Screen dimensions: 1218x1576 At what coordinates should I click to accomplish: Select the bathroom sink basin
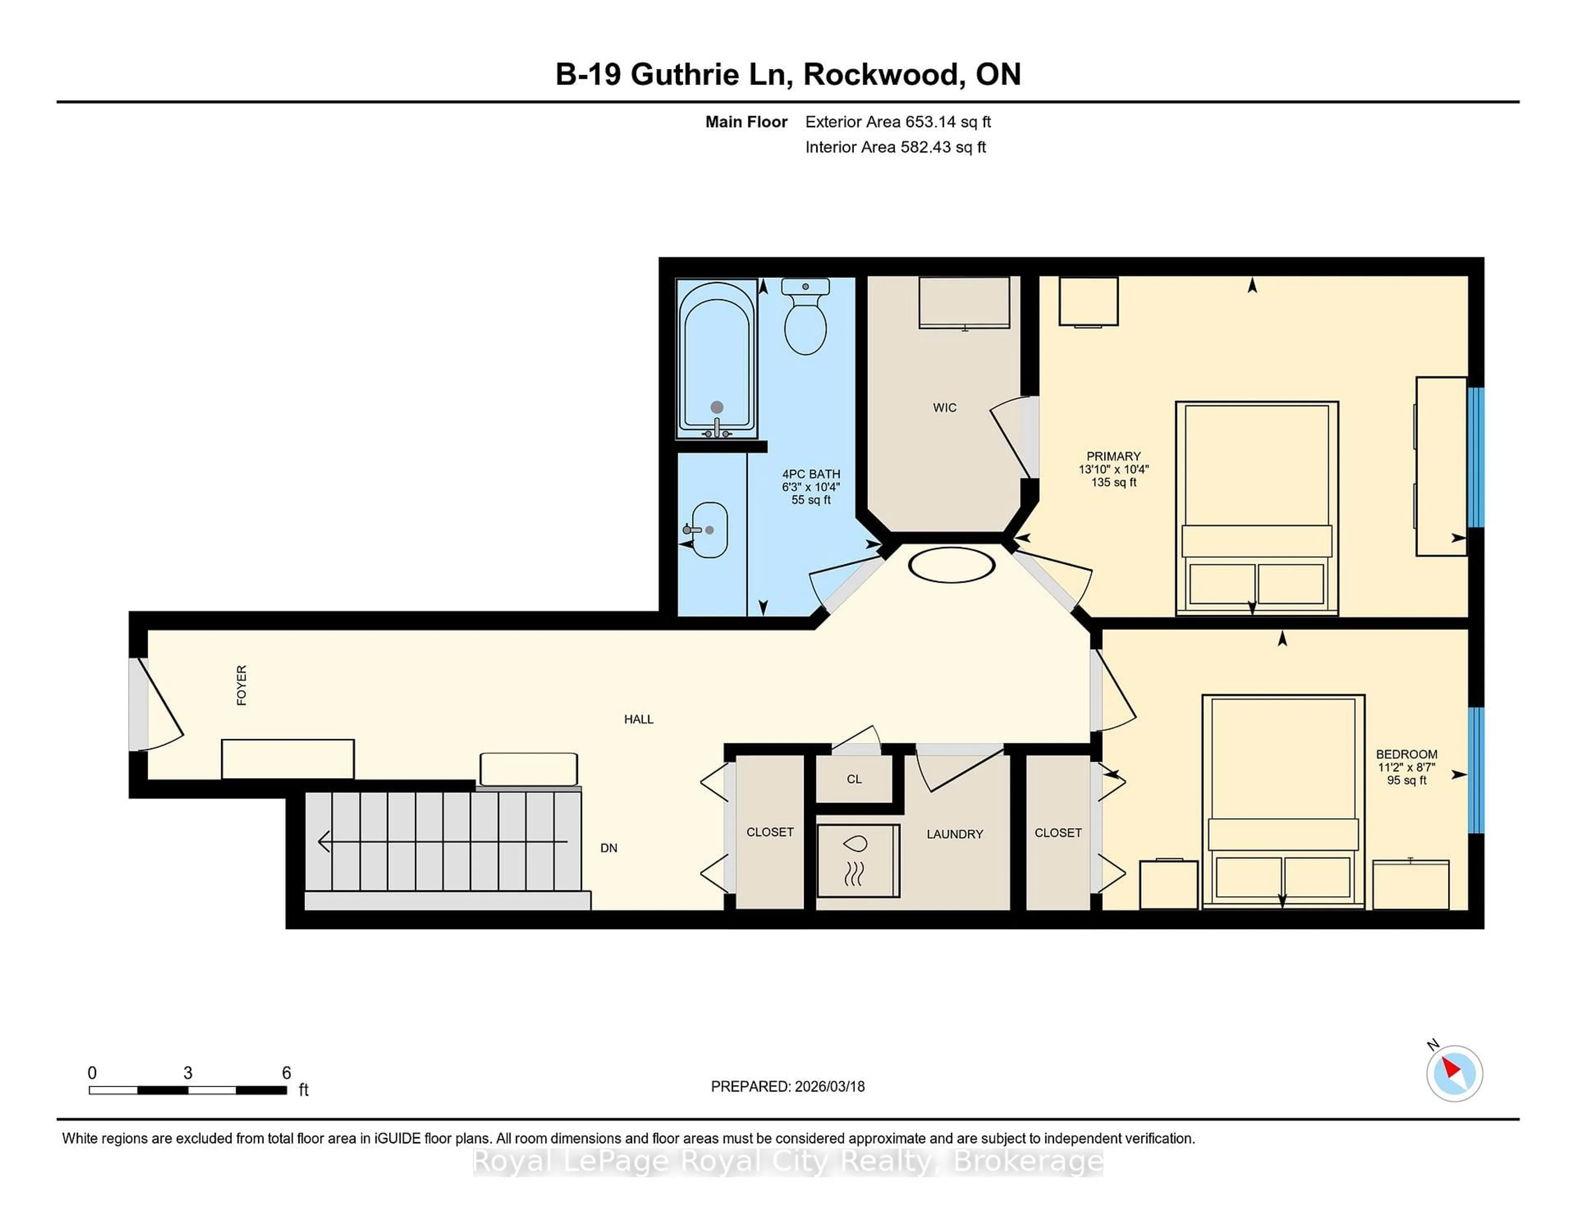(709, 530)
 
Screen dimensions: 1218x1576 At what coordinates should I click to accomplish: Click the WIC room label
(944, 408)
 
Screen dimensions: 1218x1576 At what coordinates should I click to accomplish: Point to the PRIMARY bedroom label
(1113, 456)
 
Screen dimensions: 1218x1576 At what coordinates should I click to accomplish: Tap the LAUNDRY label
(954, 834)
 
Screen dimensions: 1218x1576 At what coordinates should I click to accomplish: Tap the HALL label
(638, 719)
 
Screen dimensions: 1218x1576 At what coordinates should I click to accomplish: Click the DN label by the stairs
(608, 848)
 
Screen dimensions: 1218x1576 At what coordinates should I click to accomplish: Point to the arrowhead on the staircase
(324, 841)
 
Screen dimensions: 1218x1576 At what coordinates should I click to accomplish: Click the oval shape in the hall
(951, 564)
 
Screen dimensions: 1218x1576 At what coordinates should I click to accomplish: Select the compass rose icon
(1453, 1073)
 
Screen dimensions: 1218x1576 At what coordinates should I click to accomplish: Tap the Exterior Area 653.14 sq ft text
(898, 122)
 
